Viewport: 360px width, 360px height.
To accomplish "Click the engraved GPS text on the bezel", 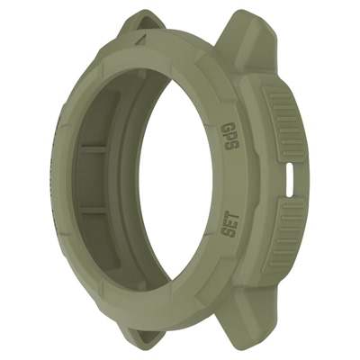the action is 229,137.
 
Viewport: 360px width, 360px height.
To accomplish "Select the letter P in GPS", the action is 229,136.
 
